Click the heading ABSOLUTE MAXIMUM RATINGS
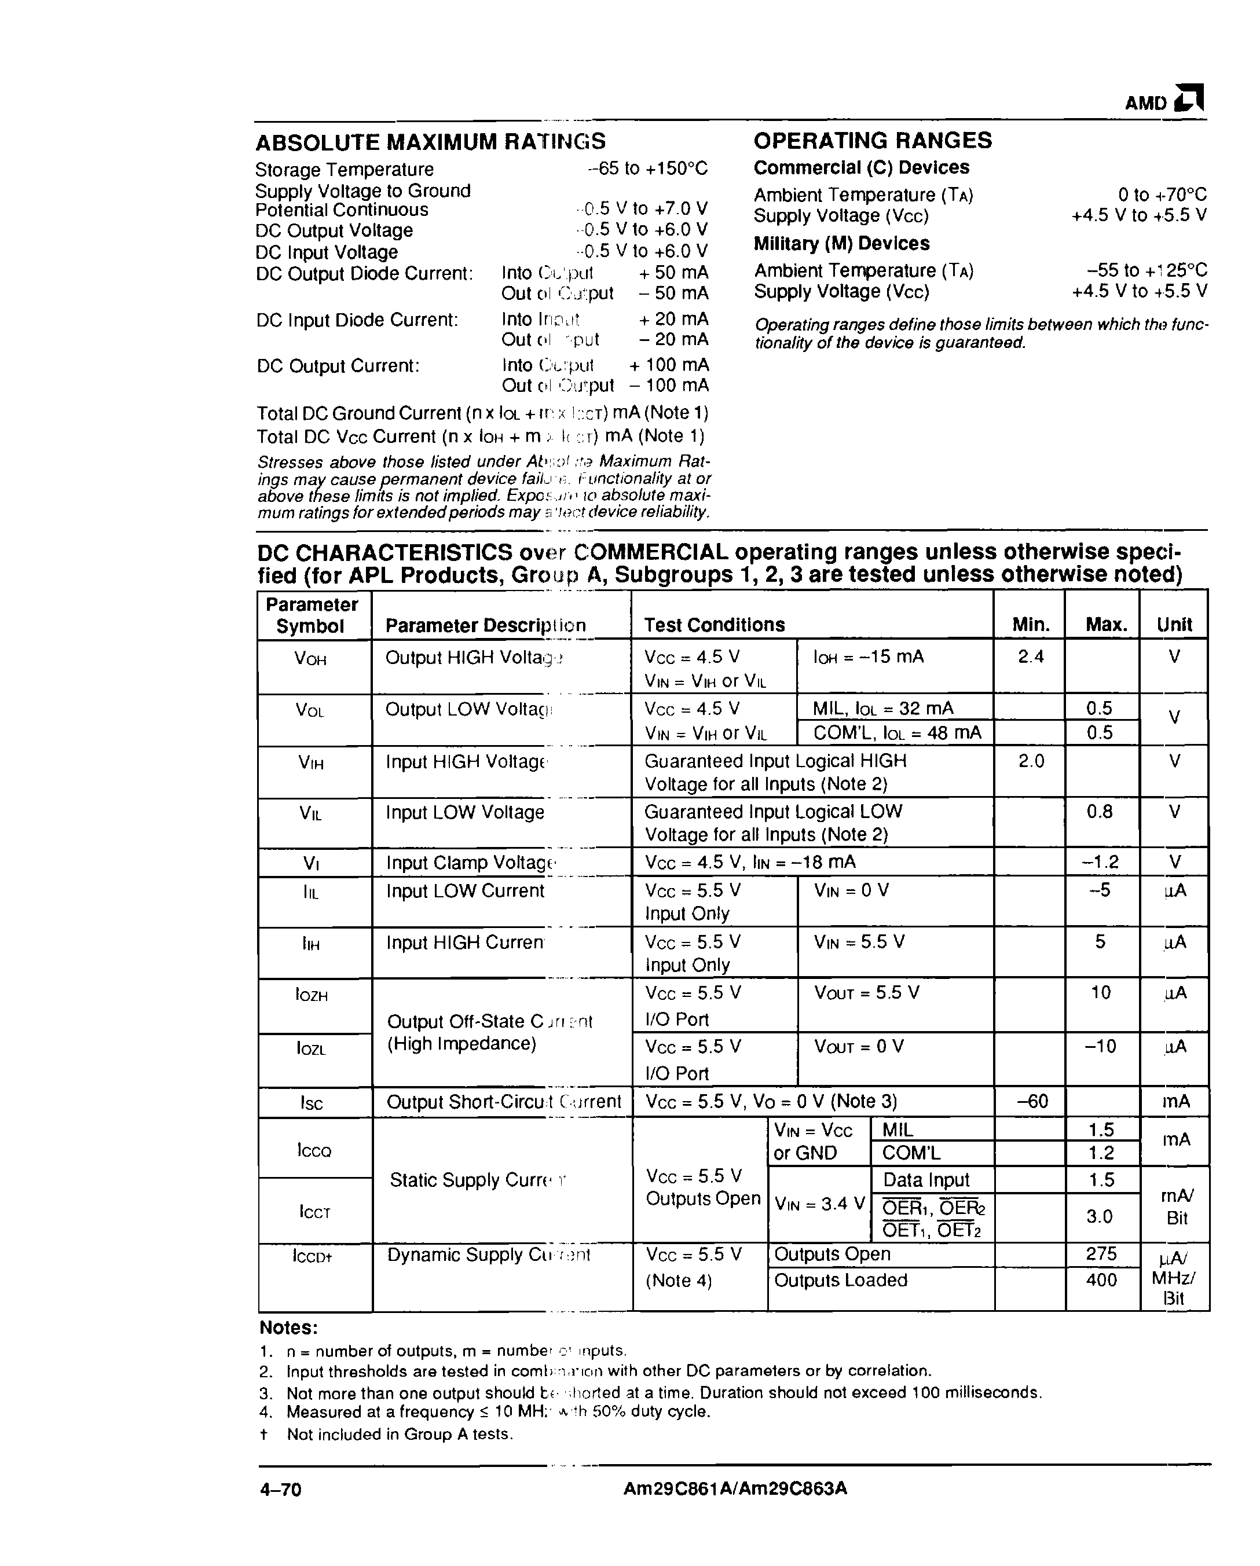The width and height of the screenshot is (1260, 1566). (x=430, y=142)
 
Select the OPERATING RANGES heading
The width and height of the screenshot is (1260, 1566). (x=872, y=140)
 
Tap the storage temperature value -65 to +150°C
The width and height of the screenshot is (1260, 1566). (x=647, y=168)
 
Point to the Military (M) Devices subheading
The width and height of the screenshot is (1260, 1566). (x=841, y=243)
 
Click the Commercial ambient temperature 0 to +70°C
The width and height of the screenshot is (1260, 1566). (x=1162, y=195)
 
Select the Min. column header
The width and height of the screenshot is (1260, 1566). (x=1030, y=625)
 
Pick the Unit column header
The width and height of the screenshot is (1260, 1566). (x=1174, y=625)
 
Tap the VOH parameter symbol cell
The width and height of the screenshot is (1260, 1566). (x=310, y=659)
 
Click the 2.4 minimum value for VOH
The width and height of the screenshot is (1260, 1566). (x=1030, y=657)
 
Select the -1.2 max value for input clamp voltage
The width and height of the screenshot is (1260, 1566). (x=1100, y=862)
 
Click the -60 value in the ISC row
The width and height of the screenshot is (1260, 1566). (x=1032, y=1102)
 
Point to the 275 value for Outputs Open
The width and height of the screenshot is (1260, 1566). (x=1101, y=1255)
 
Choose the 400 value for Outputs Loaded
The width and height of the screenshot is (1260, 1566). (x=1101, y=1280)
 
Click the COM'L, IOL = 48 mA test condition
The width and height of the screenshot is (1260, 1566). (x=897, y=733)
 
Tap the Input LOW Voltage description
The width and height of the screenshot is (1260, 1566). (x=465, y=812)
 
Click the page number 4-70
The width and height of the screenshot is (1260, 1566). (x=280, y=1490)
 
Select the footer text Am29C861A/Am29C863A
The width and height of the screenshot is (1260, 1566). (x=735, y=1489)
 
